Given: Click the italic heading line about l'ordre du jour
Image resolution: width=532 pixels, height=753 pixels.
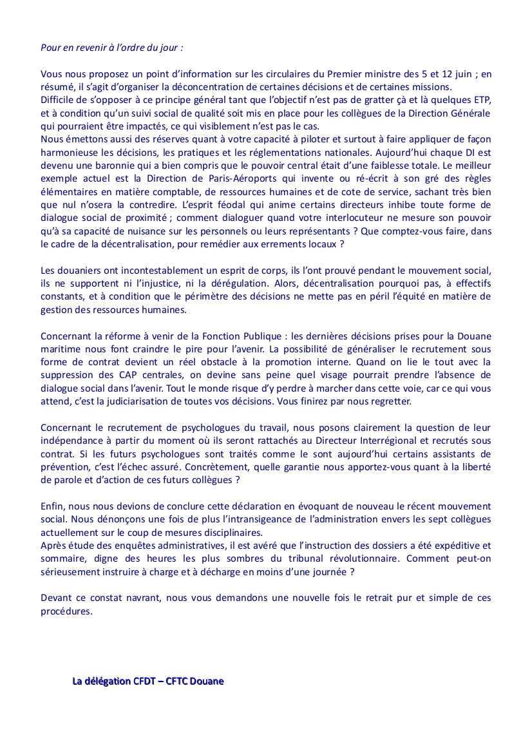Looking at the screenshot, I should pos(112,48).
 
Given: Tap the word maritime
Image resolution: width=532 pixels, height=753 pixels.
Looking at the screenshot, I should pos(59,349).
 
